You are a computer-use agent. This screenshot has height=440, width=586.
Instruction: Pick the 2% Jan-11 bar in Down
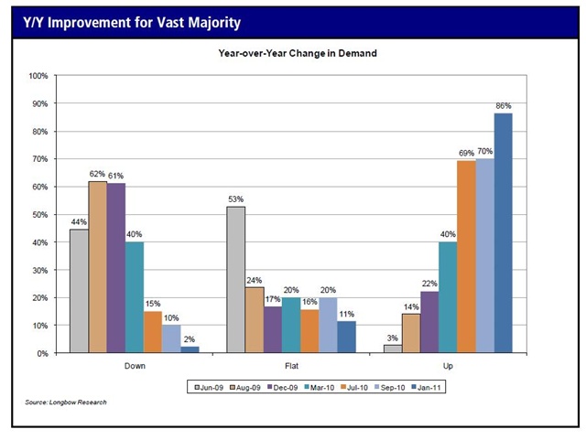(x=190, y=349)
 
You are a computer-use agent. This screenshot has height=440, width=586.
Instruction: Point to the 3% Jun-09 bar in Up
(x=393, y=349)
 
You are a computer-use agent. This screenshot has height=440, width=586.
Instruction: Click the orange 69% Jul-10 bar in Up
(x=466, y=257)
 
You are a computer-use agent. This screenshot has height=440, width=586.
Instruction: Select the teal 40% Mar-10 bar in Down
(x=135, y=297)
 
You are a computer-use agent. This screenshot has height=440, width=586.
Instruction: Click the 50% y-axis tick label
(x=39, y=215)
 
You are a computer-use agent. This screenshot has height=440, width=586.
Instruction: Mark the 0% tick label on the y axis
(x=42, y=354)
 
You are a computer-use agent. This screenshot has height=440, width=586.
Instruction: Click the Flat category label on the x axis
(x=291, y=366)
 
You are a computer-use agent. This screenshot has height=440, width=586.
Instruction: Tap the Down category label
(x=134, y=366)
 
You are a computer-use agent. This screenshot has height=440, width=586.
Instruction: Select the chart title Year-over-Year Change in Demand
(x=298, y=54)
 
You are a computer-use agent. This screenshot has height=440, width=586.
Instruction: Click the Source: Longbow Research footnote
(x=67, y=402)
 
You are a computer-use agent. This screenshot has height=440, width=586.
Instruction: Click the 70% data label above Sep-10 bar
(x=484, y=151)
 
